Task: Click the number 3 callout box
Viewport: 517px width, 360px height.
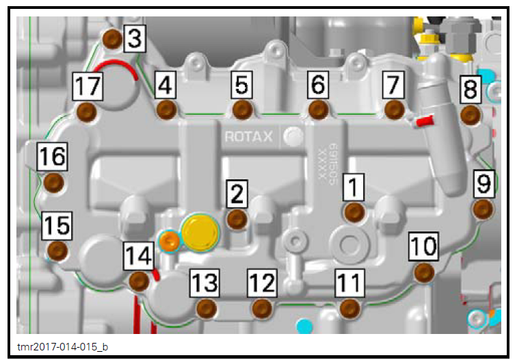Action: click(135, 40)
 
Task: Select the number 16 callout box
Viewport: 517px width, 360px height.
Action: click(52, 157)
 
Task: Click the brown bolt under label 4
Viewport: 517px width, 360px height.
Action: click(166, 110)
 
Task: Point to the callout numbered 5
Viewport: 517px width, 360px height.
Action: click(241, 85)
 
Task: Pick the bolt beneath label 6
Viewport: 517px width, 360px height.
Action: click(318, 110)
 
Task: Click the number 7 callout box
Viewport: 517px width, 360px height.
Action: click(392, 85)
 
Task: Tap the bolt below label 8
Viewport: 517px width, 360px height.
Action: click(470, 114)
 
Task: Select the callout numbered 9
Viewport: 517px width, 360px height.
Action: click(484, 183)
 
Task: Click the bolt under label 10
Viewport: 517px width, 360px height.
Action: click(425, 272)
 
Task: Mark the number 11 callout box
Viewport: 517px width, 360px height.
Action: click(349, 281)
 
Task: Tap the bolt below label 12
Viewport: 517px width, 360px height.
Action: click(262, 309)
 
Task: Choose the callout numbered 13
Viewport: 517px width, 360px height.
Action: click(204, 281)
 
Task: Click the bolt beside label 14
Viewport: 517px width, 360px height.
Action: click(139, 281)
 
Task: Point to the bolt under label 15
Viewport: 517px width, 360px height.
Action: click(57, 250)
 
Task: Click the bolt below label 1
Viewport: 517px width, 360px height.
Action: click(354, 212)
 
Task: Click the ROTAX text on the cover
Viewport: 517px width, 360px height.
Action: click(248, 137)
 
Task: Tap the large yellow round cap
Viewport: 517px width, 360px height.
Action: click(199, 233)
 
